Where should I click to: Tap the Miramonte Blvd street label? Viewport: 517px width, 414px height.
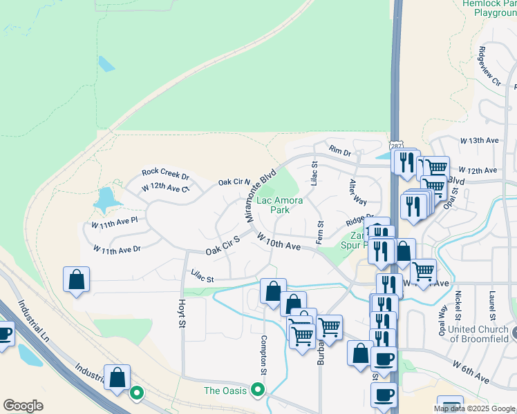(x=260, y=195)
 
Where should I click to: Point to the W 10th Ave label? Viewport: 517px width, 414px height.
(x=279, y=241)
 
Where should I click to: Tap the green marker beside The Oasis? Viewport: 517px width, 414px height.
(x=258, y=390)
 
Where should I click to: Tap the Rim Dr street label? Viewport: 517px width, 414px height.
(x=340, y=150)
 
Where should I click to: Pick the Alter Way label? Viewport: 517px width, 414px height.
(x=357, y=192)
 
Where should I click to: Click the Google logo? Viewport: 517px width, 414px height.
(x=23, y=406)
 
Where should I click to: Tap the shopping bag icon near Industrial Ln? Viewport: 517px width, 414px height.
(x=117, y=377)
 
